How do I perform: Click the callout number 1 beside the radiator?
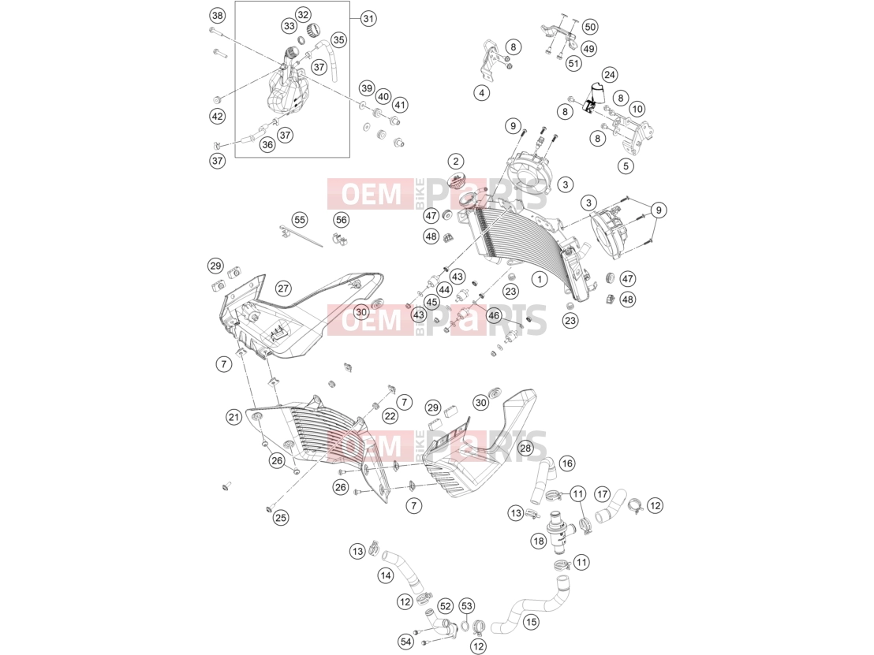[x=539, y=278]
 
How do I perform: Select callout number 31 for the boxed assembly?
[x=368, y=18]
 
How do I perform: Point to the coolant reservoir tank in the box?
[x=287, y=92]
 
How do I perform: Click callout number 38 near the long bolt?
[x=218, y=16]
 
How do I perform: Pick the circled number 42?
[x=218, y=116]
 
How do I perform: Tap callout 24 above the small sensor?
[x=609, y=75]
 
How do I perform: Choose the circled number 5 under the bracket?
[x=626, y=166]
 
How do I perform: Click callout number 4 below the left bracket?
[x=482, y=92]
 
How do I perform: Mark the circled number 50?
[x=590, y=27]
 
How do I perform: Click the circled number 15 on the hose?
[x=531, y=622]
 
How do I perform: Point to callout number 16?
[x=566, y=463]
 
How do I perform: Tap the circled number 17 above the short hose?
[x=602, y=494]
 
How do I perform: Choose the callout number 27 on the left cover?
[x=283, y=288]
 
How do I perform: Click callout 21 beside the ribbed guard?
[x=234, y=417]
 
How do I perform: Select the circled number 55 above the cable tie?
[x=300, y=219]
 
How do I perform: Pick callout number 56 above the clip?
[x=341, y=219]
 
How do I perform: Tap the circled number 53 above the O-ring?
[x=466, y=605]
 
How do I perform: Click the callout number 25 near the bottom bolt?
[x=280, y=517]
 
